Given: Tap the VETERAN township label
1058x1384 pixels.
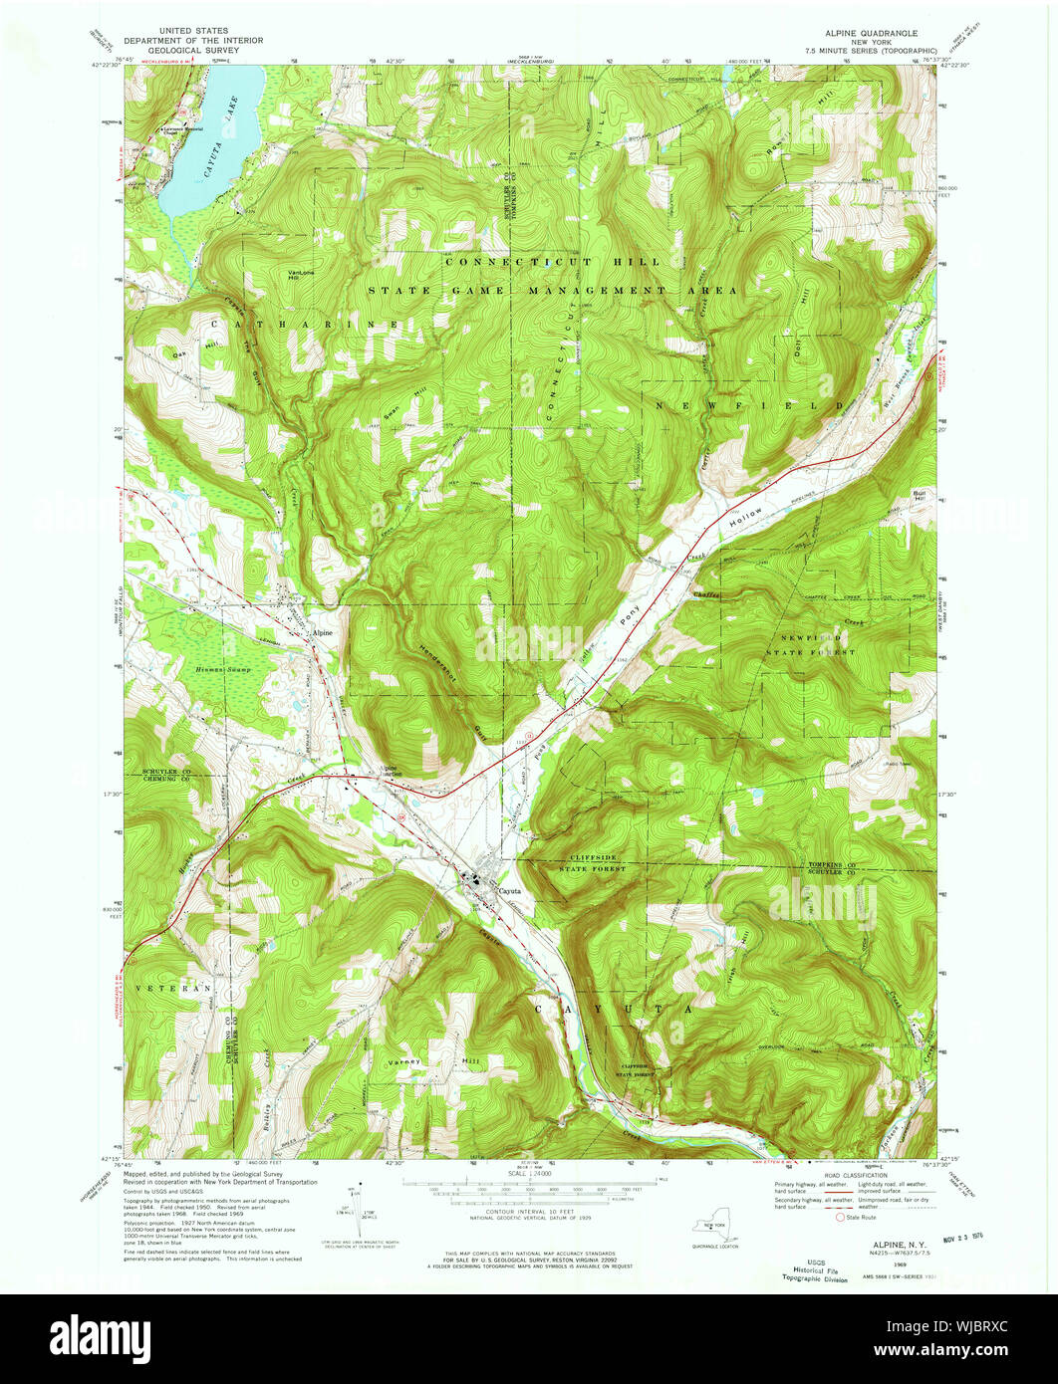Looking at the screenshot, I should click(x=180, y=987).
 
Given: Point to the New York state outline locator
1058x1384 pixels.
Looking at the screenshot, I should click(x=713, y=1231).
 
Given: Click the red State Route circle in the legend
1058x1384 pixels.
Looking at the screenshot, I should click(x=839, y=1217).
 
